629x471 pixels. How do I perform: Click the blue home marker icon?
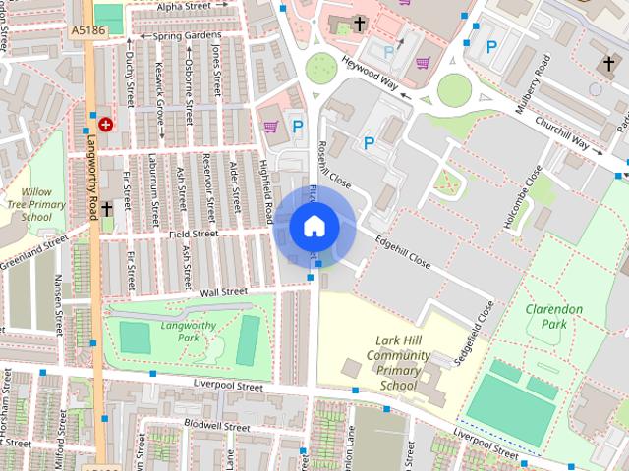pos(314,227)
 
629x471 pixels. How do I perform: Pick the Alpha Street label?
pos(184,6)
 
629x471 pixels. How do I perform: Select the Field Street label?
pos(192,235)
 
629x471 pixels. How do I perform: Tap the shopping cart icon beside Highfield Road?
pos(270,126)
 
